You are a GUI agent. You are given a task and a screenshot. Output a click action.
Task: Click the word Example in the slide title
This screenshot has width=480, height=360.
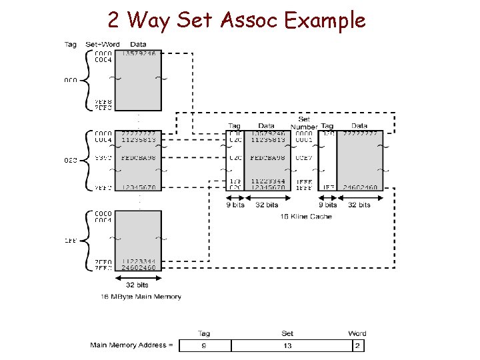coord(325,21)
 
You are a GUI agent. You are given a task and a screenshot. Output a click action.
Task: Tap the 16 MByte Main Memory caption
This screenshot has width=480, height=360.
coord(141,296)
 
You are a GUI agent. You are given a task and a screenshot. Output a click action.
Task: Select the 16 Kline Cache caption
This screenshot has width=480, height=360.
coord(306,217)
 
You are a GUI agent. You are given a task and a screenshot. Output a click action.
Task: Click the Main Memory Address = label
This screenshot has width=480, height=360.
coord(132,345)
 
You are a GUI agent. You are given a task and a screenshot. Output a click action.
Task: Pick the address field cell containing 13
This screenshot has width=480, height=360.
coord(287,345)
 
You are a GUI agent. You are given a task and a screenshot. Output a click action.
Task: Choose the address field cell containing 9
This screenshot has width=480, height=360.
coord(203,345)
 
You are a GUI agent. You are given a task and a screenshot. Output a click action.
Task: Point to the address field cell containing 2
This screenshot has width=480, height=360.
coord(357,345)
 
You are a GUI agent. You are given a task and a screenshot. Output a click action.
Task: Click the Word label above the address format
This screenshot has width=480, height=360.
coord(357,333)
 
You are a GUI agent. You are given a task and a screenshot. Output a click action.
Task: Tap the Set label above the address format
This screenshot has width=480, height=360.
coord(287,333)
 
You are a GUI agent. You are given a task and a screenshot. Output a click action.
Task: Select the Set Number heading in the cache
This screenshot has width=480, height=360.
coord(304,123)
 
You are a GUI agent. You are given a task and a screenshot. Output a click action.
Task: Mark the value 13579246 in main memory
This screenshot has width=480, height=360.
coord(139,53)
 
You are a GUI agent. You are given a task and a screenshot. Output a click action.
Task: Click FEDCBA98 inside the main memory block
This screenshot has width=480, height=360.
coord(139,158)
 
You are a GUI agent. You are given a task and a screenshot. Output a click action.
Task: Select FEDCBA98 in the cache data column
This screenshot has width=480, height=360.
coord(267,158)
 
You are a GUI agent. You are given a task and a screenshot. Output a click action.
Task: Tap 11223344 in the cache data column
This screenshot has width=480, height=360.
coord(268,181)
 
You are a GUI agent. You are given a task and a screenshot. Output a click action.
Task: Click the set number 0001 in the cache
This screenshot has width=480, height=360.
coord(304,140)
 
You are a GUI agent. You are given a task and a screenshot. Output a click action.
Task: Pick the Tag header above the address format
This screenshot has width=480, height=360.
coord(204,333)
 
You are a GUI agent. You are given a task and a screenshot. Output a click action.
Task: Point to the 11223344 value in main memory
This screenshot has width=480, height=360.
coord(139,261)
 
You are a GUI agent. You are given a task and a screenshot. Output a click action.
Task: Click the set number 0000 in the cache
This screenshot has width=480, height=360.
coord(304,133)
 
